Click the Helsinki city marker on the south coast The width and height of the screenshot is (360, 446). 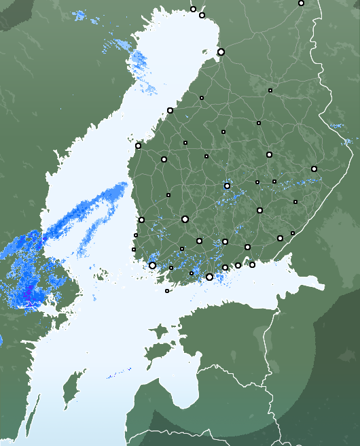click(x=209, y=277)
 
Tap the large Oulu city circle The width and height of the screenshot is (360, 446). click(x=221, y=52)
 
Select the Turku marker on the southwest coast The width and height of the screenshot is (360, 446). click(x=152, y=265)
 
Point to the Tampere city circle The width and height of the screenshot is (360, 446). click(x=185, y=219)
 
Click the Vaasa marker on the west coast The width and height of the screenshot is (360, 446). click(x=138, y=145)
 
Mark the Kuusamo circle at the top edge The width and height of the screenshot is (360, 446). click(x=301, y=3)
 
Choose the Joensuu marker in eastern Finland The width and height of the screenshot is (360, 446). click(x=314, y=169)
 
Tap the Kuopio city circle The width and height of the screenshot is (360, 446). click(x=269, y=155)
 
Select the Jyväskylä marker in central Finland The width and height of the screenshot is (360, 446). click(x=227, y=186)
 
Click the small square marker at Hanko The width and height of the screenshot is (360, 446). click(x=167, y=291)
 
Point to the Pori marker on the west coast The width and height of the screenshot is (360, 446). click(x=141, y=220)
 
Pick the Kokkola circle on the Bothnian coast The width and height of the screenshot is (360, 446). click(x=170, y=110)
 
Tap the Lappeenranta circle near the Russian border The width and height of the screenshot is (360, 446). click(x=280, y=238)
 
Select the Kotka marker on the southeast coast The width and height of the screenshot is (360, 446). click(x=252, y=264)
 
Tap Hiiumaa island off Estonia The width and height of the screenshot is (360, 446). click(x=158, y=332)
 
